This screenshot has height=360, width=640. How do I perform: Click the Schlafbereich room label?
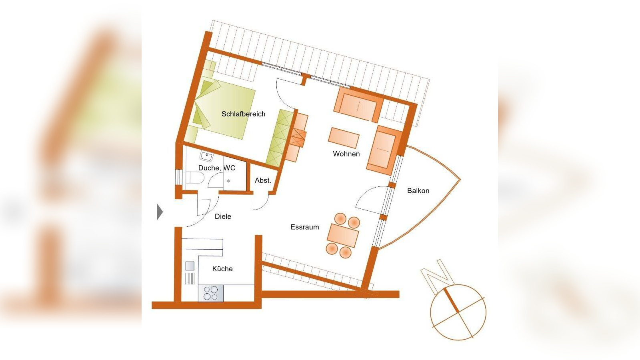(x=244, y=114)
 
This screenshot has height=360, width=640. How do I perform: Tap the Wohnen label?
(x=346, y=154)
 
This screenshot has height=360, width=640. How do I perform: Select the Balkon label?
(x=418, y=190)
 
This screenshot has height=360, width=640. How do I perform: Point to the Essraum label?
(x=304, y=227)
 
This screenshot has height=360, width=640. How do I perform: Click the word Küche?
(x=222, y=268)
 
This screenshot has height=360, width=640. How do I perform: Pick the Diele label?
(x=223, y=216)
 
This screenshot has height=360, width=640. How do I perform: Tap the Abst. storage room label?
(x=263, y=180)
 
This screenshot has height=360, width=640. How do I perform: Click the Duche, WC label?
(x=216, y=168)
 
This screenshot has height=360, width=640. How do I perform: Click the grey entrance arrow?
(x=160, y=212)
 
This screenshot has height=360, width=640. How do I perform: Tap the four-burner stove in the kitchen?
(x=211, y=294)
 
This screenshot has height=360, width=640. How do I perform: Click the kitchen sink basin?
(x=190, y=266)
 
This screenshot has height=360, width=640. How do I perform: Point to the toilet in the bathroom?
(x=194, y=178)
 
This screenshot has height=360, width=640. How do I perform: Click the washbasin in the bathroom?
(x=206, y=156)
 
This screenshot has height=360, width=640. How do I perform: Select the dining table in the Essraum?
(x=343, y=236)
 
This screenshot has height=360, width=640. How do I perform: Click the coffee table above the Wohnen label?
(x=344, y=138)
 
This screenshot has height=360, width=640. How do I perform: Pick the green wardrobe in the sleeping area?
(x=280, y=138)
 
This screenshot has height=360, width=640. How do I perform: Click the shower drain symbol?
(x=228, y=181)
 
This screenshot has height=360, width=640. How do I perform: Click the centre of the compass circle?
(x=458, y=312)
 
